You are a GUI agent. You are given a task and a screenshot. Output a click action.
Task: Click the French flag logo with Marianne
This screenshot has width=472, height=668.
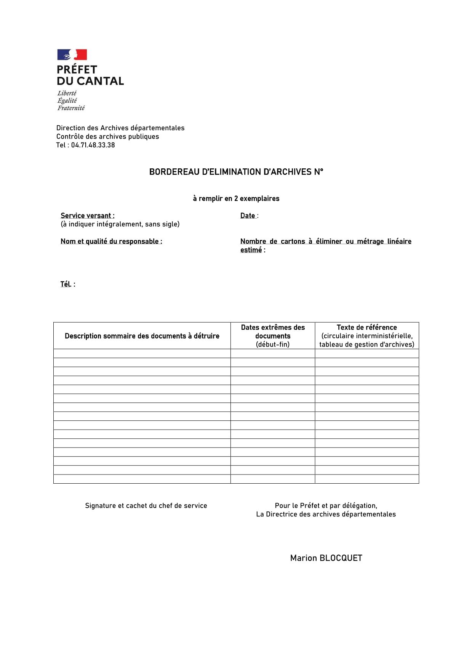[x=72, y=55]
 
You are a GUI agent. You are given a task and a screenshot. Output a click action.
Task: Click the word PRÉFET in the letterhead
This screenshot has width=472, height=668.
[x=77, y=70]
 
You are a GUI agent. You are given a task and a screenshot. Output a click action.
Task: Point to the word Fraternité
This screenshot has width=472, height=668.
[x=71, y=108]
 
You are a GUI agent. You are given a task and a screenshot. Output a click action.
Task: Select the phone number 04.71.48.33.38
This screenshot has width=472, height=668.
[x=93, y=145]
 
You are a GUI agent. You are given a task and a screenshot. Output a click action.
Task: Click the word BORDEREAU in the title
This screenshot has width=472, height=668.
[x=174, y=172]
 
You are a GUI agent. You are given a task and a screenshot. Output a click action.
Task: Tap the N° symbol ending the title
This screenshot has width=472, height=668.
[x=318, y=172]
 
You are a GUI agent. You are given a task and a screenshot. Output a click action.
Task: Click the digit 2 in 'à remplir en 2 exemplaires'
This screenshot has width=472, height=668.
[x=236, y=198]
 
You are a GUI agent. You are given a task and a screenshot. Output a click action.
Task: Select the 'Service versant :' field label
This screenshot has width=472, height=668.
[x=88, y=216]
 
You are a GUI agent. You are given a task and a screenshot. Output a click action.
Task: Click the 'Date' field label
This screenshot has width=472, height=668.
[x=248, y=216]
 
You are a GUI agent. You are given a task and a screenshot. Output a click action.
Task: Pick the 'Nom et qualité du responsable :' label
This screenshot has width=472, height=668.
[x=111, y=241]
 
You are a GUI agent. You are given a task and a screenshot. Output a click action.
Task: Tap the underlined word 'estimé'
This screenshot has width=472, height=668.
[x=251, y=250]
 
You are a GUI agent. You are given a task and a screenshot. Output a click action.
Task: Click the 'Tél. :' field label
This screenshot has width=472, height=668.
[x=68, y=284]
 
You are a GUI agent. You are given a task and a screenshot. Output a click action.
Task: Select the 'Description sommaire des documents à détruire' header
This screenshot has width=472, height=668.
[x=142, y=336]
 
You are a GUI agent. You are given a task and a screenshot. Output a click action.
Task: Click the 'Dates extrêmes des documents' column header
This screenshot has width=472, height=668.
[x=273, y=332]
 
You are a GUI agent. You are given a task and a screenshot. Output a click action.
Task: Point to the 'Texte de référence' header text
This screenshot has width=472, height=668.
[x=366, y=328]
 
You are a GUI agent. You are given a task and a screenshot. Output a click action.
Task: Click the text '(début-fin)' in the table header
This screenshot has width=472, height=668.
[x=273, y=345]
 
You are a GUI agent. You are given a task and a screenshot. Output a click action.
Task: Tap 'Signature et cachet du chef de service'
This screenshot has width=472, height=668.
[x=146, y=506]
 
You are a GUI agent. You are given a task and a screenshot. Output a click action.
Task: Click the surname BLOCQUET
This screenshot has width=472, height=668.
[x=341, y=558]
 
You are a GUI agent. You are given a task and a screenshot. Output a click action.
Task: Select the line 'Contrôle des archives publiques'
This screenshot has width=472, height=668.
[x=108, y=137]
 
